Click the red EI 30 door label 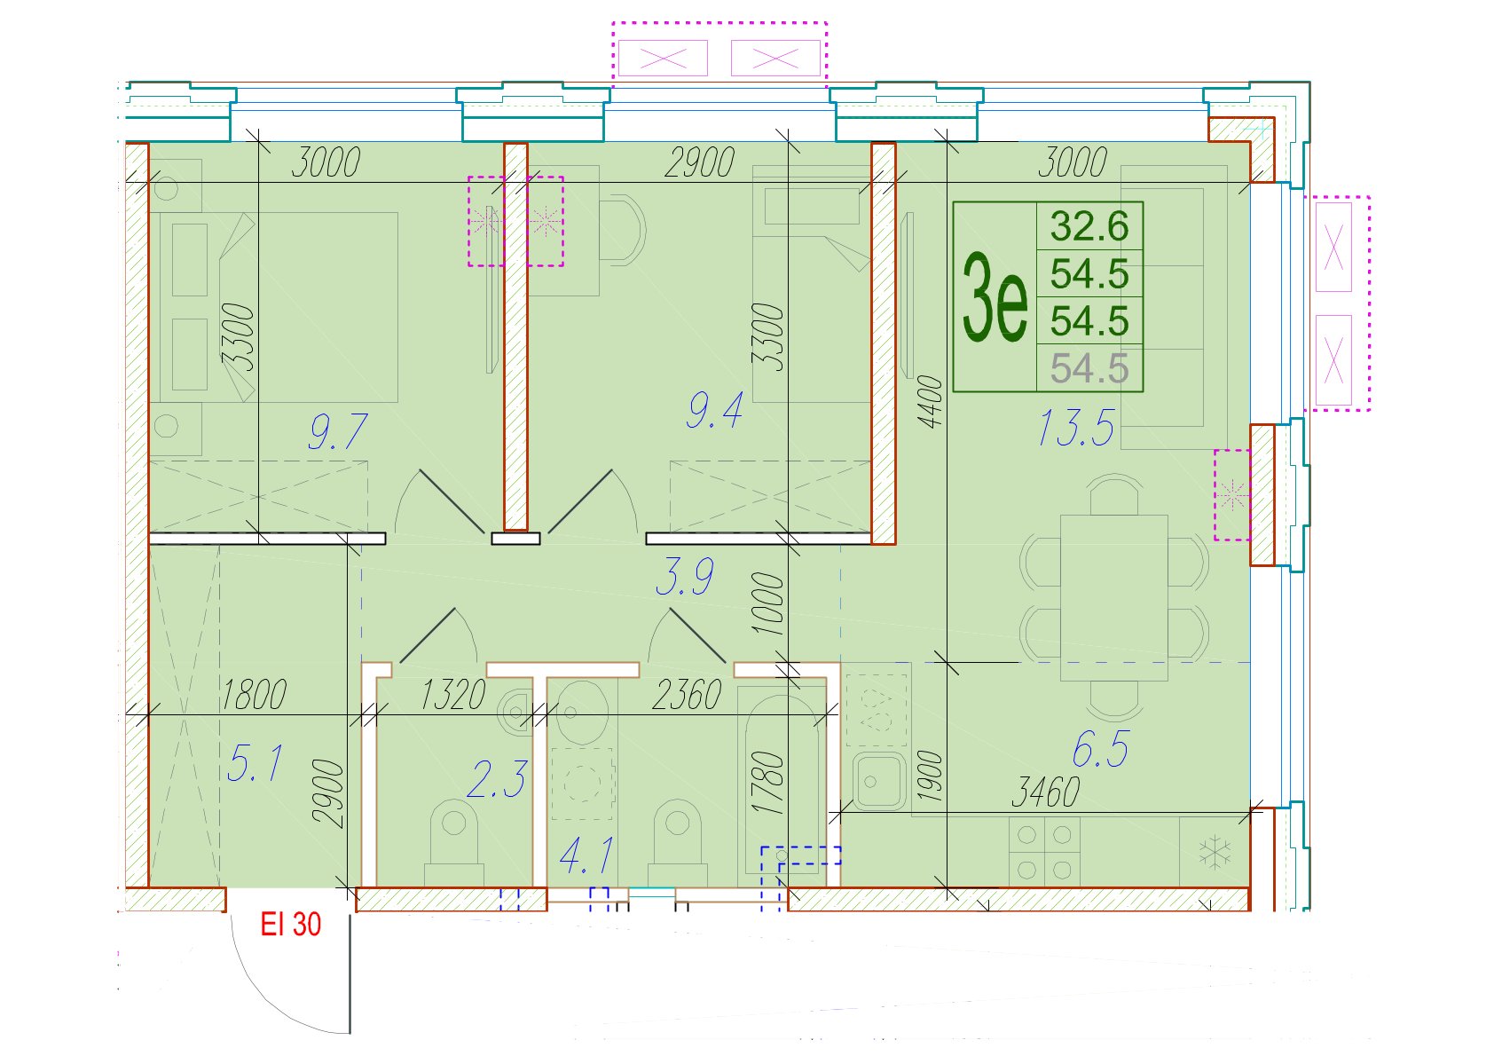pyautogui.click(x=290, y=925)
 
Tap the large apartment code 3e pyautogui.click(x=995, y=297)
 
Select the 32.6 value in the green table pyautogui.click(x=1089, y=226)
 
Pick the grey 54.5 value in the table pyautogui.click(x=1089, y=368)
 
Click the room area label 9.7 pyautogui.click(x=337, y=431)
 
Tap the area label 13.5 pyautogui.click(x=1076, y=428)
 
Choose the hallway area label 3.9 pyautogui.click(x=685, y=576)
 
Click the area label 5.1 pyautogui.click(x=255, y=763)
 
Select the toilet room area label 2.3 pyautogui.click(x=498, y=779)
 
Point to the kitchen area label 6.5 pyautogui.click(x=1100, y=748)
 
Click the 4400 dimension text pyautogui.click(x=931, y=402)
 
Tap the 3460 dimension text pyautogui.click(x=1045, y=792)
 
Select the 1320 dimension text pyautogui.click(x=452, y=695)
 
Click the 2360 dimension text pyautogui.click(x=687, y=695)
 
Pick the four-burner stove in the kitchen pyautogui.click(x=1044, y=852)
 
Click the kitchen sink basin pyautogui.click(x=878, y=781)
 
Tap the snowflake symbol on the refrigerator pyautogui.click(x=1214, y=852)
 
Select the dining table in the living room pyautogui.click(x=1113, y=597)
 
